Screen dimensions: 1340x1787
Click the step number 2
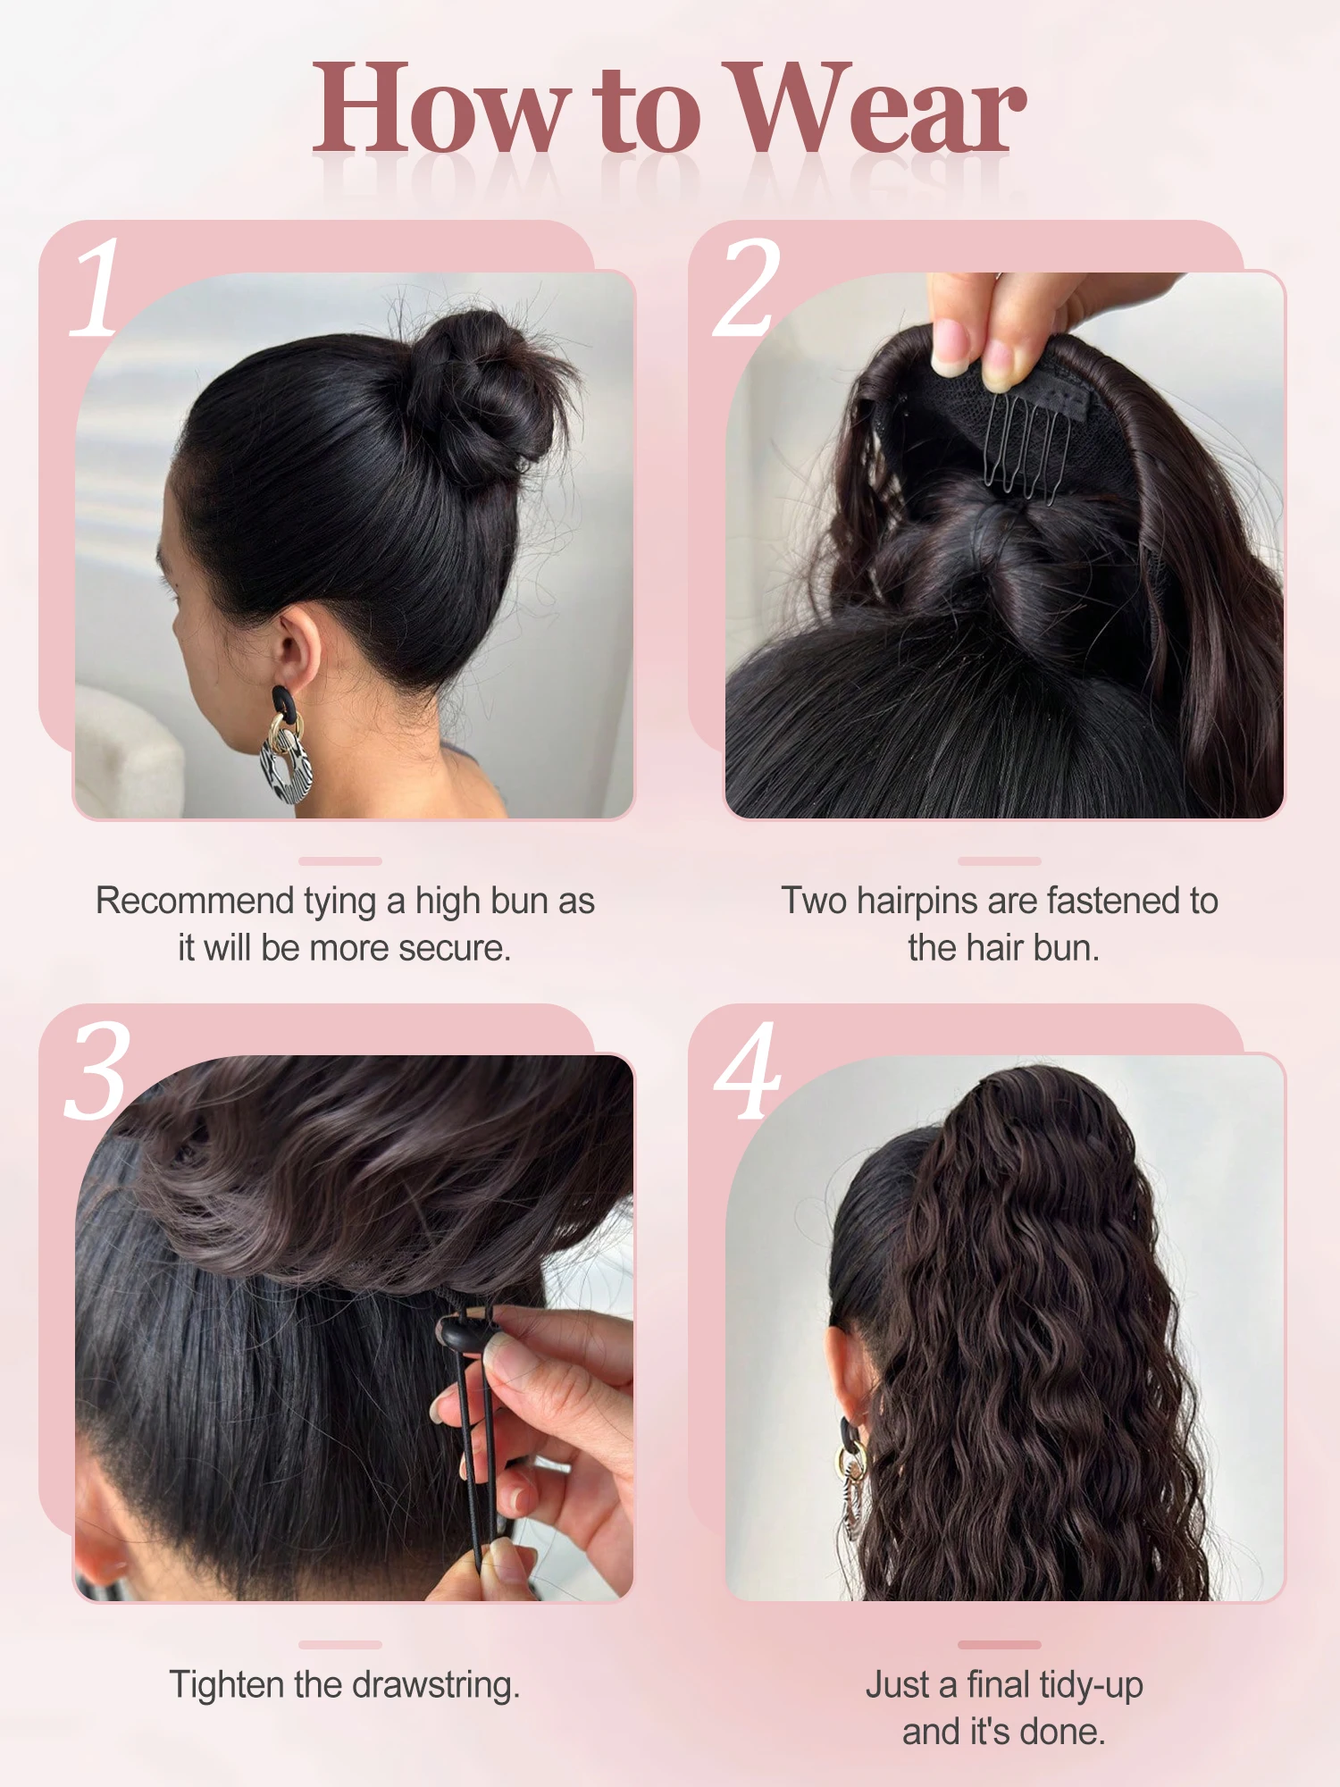pos(747,288)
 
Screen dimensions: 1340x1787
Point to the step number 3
pos(97,1070)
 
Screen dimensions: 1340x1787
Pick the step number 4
pos(747,1070)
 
